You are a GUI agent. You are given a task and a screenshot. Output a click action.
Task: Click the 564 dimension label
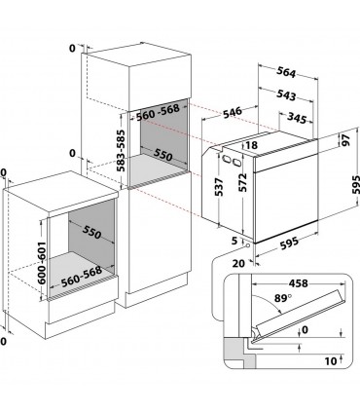[286, 72]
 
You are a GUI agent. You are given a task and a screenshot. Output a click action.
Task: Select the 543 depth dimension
[286, 94]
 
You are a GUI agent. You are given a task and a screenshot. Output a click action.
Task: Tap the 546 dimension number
[233, 113]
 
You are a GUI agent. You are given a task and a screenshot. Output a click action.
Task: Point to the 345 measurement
[297, 118]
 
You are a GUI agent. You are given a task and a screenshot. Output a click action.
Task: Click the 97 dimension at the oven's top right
[346, 140]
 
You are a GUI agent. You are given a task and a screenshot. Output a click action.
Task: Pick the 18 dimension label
[251, 145]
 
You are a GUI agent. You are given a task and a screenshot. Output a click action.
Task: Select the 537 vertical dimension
[220, 187]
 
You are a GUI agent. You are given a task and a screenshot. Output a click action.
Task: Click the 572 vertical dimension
[243, 182]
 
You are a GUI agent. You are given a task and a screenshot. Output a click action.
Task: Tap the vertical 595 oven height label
[356, 185]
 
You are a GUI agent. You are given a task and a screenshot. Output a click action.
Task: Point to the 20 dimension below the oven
[238, 263]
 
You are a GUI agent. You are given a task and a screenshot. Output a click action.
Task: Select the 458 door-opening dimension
[298, 283]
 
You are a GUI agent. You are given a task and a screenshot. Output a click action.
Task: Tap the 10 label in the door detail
[331, 361]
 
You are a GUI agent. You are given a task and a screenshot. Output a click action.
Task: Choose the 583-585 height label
[121, 151]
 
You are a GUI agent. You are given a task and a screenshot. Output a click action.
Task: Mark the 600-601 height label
[42, 263]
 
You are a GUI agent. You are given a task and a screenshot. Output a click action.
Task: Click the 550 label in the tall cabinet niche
[162, 155]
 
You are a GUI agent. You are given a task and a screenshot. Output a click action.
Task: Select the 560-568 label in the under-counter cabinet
[82, 277]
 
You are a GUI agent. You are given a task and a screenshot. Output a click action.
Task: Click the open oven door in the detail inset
[300, 314]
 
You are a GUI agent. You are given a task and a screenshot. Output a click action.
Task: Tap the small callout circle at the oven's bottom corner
[247, 244]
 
